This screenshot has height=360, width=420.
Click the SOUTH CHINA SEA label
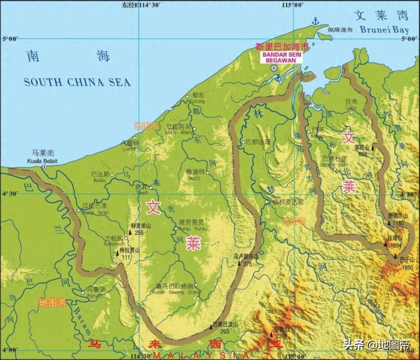pyautogui.click(x=77, y=82)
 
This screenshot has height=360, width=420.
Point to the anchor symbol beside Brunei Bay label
pyautogui.click(x=316, y=22)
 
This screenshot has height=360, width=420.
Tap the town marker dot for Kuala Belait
pyautogui.click(x=45, y=166)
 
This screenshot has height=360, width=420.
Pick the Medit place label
pyautogui.click(x=194, y=177)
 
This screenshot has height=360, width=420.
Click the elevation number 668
pyautogui.click(x=362, y=154)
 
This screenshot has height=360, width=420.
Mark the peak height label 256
pyautogui.click(x=139, y=232)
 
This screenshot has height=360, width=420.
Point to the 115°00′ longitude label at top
pyautogui.click(x=292, y=5)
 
